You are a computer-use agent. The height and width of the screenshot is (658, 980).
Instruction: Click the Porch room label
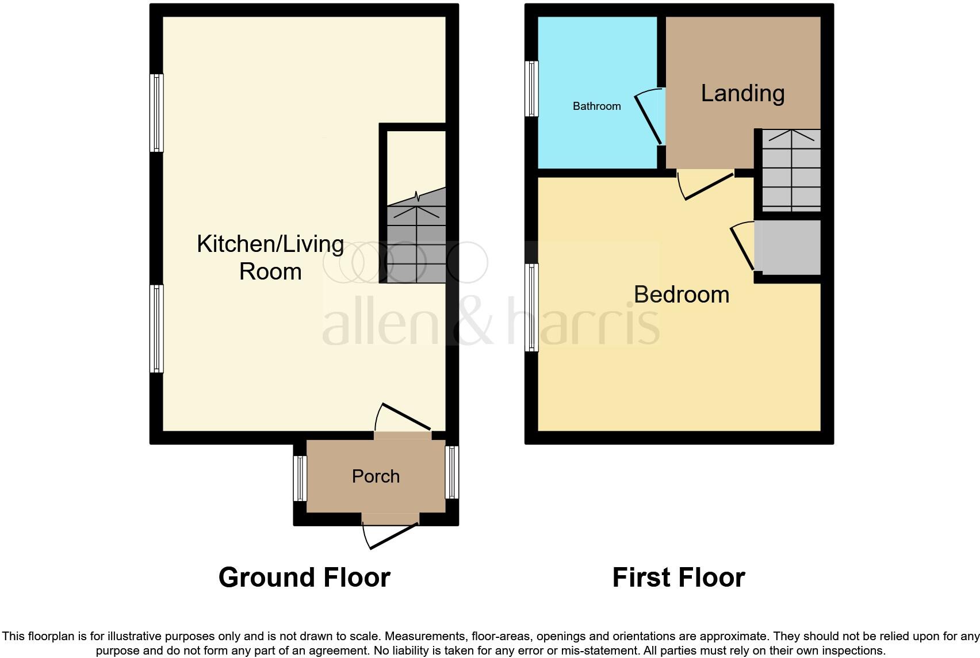[x=376, y=476]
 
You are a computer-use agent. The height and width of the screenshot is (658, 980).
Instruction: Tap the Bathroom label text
[x=596, y=106]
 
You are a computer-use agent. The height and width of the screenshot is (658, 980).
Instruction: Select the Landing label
[x=742, y=93]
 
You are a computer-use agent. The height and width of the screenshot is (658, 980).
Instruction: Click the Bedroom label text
[x=682, y=294]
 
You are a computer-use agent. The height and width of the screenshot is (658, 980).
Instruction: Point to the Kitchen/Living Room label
[x=270, y=258]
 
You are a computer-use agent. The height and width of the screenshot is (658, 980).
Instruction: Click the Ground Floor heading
[x=304, y=577]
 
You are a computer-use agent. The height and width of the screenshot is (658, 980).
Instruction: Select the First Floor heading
[x=679, y=577]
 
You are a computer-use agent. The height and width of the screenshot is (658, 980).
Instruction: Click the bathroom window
[x=533, y=89]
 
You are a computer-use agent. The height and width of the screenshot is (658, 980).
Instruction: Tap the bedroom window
[x=533, y=307]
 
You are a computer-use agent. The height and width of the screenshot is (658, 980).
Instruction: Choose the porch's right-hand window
[x=452, y=472]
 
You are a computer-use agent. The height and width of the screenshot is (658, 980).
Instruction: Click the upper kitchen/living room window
[x=156, y=113]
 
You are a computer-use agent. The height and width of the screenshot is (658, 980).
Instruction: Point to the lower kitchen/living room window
[x=156, y=328]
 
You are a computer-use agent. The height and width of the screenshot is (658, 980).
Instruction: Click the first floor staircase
[x=791, y=170]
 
